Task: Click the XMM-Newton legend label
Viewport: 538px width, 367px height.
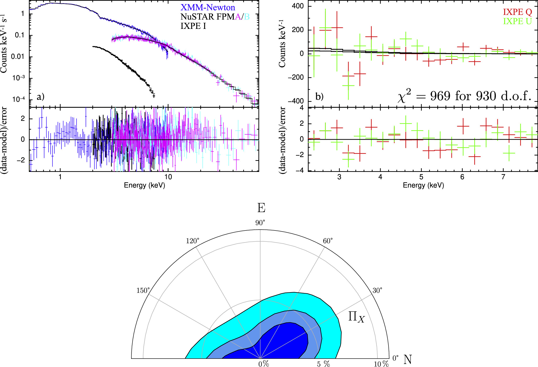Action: click(x=207, y=7)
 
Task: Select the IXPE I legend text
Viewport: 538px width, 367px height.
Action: click(x=193, y=26)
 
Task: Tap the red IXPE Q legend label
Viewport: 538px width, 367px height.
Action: click(x=517, y=12)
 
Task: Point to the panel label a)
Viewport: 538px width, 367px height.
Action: click(x=40, y=97)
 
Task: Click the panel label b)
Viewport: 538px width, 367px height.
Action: click(x=319, y=97)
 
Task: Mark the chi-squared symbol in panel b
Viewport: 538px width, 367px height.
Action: click(x=403, y=96)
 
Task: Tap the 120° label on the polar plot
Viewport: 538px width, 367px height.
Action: click(x=193, y=241)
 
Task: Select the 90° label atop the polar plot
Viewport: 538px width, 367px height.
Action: click(x=260, y=223)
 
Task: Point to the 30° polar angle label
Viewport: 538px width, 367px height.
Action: click(x=377, y=290)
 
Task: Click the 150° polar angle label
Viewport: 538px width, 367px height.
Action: click(x=143, y=290)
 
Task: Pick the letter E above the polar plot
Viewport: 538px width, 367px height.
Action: click(x=261, y=208)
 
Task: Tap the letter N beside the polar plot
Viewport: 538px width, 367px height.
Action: click(x=408, y=360)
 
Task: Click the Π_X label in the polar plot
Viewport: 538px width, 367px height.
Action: click(x=356, y=317)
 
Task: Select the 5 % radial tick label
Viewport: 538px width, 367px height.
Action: click(x=323, y=364)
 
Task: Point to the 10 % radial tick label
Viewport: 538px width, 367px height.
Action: click(x=381, y=364)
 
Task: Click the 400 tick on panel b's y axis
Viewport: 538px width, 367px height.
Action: click(x=298, y=6)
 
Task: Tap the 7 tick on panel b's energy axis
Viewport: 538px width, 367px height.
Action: click(x=503, y=177)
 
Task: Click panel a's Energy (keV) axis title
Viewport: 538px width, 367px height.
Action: click(x=145, y=185)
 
